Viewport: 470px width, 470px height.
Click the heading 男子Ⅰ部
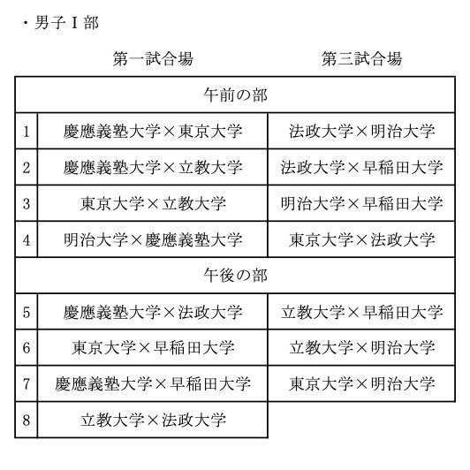click(x=66, y=23)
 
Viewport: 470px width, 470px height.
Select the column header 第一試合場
click(x=153, y=58)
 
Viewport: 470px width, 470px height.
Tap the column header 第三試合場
click(x=361, y=58)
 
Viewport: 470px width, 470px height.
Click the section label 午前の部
click(x=235, y=95)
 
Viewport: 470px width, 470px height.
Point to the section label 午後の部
click(x=235, y=275)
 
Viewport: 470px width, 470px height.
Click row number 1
click(x=27, y=132)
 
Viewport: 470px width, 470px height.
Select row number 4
click(x=27, y=239)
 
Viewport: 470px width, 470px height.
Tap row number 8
click(x=27, y=420)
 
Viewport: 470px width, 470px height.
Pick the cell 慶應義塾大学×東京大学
click(x=153, y=132)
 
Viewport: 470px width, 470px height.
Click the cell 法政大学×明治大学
click(x=362, y=132)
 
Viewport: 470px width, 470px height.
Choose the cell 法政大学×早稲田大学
click(x=362, y=167)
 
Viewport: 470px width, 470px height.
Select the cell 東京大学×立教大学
click(x=153, y=203)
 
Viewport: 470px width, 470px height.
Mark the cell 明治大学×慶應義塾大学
click(x=153, y=239)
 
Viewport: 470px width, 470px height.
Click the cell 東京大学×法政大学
click(x=362, y=239)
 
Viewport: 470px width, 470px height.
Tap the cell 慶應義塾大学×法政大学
click(x=153, y=312)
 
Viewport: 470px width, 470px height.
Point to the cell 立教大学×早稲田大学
click(x=362, y=312)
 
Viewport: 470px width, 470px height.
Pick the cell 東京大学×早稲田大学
click(x=153, y=348)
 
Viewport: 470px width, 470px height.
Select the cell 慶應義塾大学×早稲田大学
click(x=153, y=383)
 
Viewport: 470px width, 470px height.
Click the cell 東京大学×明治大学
click(x=362, y=383)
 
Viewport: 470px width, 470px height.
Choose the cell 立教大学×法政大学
click(x=153, y=420)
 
